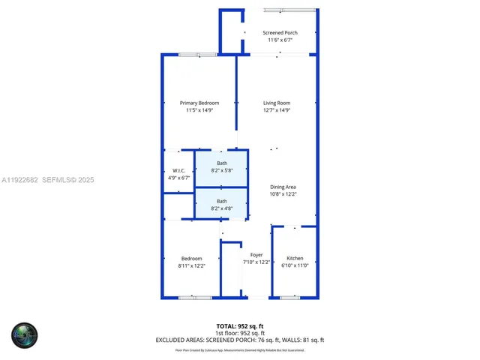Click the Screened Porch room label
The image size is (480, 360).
click(x=280, y=32)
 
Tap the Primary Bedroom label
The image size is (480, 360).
click(x=199, y=103)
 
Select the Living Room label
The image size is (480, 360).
click(x=277, y=103)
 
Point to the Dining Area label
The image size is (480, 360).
click(x=283, y=187)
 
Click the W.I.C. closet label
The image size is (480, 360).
click(x=178, y=171)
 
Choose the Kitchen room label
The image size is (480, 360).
click(x=295, y=258)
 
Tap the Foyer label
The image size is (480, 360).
click(x=256, y=255)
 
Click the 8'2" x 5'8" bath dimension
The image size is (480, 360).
click(x=222, y=170)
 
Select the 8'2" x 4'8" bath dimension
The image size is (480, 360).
click(x=222, y=208)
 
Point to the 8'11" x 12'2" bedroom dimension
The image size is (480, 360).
click(x=191, y=265)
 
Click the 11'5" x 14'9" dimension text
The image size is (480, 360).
click(x=199, y=110)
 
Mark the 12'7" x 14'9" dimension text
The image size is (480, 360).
click(x=277, y=110)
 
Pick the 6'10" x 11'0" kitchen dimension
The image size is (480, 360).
click(x=295, y=265)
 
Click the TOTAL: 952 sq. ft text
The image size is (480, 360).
click(x=239, y=326)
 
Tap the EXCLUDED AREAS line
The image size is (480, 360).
click(x=239, y=340)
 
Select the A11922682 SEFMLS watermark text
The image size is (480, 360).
click(x=47, y=180)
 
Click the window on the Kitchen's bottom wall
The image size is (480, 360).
click(x=289, y=298)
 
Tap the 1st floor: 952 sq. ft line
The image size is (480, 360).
click(x=239, y=333)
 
